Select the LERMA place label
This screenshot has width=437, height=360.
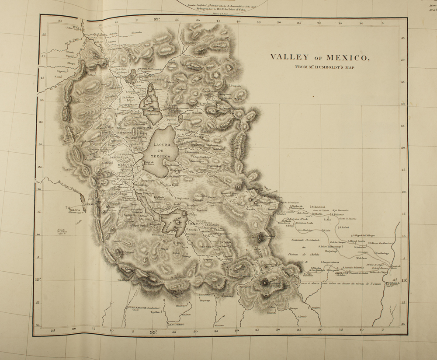tap(89, 205)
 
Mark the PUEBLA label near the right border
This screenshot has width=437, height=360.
tap(391, 283)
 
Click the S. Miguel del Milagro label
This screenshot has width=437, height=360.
tap(363, 234)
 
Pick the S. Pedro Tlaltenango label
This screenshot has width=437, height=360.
tap(336, 247)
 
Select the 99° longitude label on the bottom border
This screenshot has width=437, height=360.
tap(153, 332)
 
